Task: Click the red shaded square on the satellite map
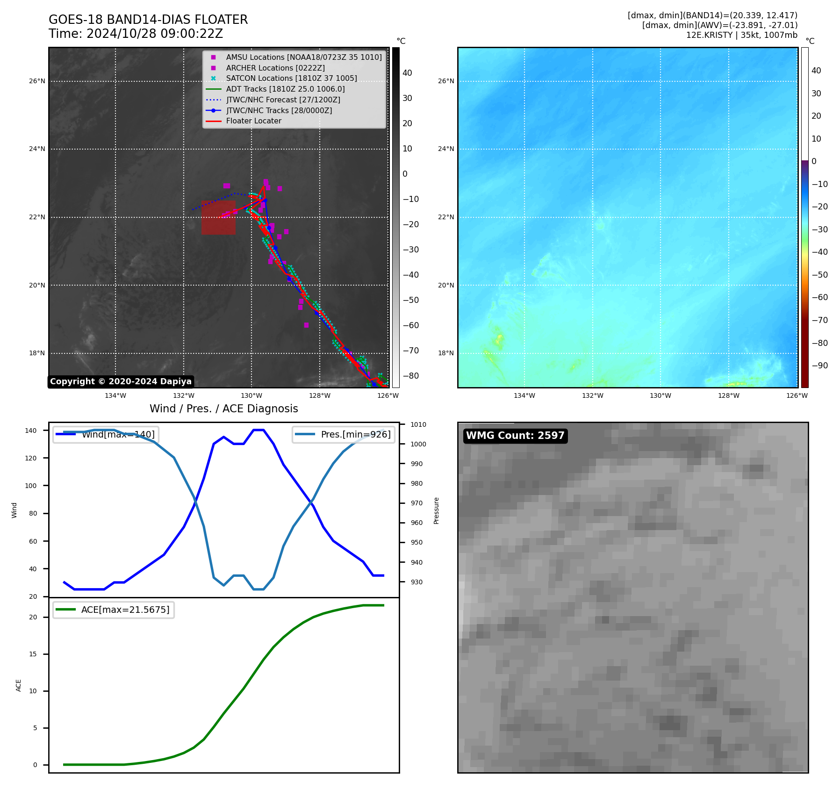tap(218, 218)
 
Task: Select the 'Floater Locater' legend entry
tap(253, 121)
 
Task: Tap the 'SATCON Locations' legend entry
tap(291, 79)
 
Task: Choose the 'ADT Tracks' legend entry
tap(285, 89)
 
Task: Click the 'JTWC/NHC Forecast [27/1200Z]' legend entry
tap(283, 100)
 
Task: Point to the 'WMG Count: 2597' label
tap(515, 436)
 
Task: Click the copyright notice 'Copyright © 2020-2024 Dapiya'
tap(121, 381)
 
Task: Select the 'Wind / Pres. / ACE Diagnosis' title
tap(223, 409)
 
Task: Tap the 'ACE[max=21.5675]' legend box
tap(114, 610)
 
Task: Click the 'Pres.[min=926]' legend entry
tap(343, 434)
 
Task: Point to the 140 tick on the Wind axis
tap(31, 431)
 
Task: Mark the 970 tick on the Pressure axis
tap(416, 503)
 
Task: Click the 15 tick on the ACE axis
tap(33, 654)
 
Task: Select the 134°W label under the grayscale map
tap(115, 396)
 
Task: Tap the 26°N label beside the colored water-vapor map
tap(446, 81)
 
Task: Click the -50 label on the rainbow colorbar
tap(819, 275)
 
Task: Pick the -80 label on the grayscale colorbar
tap(411, 376)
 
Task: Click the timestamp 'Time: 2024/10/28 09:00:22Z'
tap(136, 34)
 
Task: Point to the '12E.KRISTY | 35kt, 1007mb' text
tap(741, 35)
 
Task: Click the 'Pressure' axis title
tap(436, 510)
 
